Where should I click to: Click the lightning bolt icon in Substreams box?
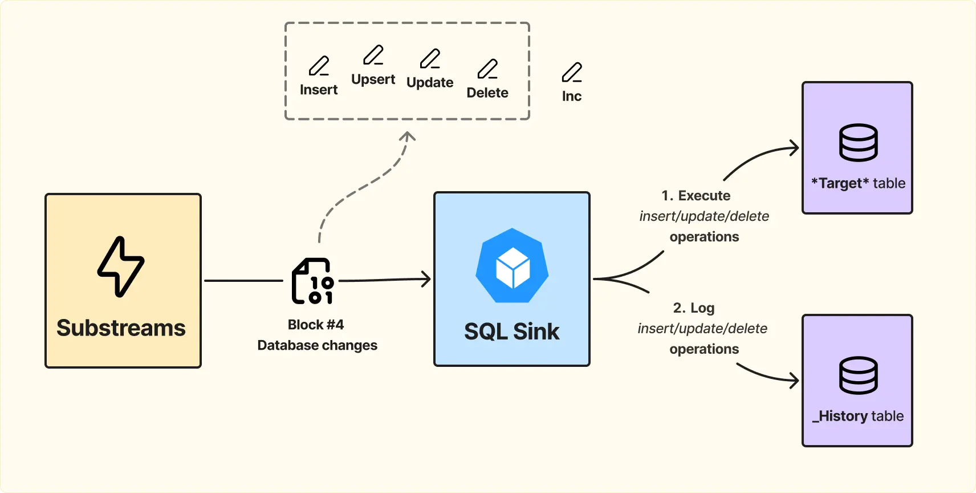point(121,266)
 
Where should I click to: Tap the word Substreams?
point(121,328)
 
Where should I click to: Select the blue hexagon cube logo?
point(512,265)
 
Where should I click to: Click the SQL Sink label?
point(511,332)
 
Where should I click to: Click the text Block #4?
point(315,325)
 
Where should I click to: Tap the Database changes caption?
point(317,345)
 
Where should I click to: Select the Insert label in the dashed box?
point(319,90)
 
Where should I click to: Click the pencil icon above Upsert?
point(373,55)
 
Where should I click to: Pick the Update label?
point(430,83)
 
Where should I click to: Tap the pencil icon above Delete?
point(487,69)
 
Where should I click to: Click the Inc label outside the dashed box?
point(572,96)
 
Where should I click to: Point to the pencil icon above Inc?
point(572,72)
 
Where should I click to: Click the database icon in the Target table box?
point(859,143)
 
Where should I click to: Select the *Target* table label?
point(859,183)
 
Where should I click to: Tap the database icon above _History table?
point(859,375)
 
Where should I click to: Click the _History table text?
point(858,416)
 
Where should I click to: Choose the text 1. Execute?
point(696,196)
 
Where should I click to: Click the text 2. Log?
point(694,308)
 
